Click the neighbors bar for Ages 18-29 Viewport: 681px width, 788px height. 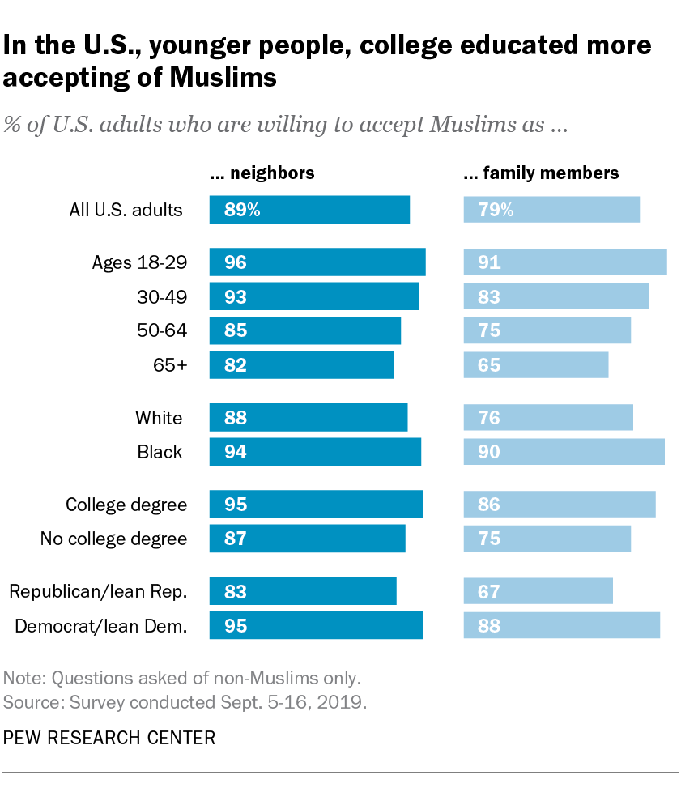[317, 262]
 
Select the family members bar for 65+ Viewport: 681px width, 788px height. [535, 364]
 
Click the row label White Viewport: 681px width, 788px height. [159, 418]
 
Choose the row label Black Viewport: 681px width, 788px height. [160, 452]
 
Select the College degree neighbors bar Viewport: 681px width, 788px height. [316, 505]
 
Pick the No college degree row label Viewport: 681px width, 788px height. [113, 538]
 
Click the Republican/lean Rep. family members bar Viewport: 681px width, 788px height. [538, 591]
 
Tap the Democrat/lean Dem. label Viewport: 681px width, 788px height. [101, 624]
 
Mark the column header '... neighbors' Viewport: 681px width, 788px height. [262, 173]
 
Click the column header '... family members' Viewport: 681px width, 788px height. [541, 173]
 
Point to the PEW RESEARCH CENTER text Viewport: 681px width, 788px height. [109, 738]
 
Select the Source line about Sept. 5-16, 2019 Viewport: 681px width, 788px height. [185, 701]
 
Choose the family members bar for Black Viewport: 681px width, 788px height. [564, 452]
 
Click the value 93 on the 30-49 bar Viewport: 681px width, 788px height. [236, 296]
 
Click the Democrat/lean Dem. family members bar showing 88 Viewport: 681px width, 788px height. [561, 624]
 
